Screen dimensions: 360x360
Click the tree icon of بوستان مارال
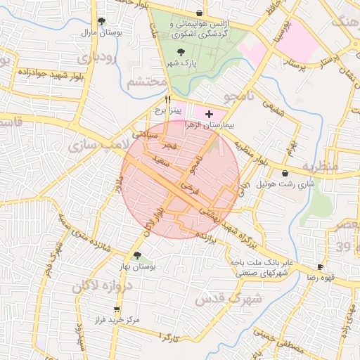click(x=102, y=22)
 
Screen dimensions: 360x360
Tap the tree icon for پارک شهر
click(x=182, y=52)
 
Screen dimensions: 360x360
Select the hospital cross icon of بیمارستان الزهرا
click(x=209, y=113)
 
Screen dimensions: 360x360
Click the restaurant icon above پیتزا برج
click(x=167, y=100)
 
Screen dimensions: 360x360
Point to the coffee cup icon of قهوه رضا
click(x=320, y=267)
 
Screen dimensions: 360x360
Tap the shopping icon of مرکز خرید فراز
click(x=116, y=309)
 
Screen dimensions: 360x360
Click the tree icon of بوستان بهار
click(x=137, y=256)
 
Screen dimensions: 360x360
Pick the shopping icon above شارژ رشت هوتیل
click(x=285, y=173)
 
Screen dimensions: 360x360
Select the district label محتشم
click(x=147, y=83)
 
